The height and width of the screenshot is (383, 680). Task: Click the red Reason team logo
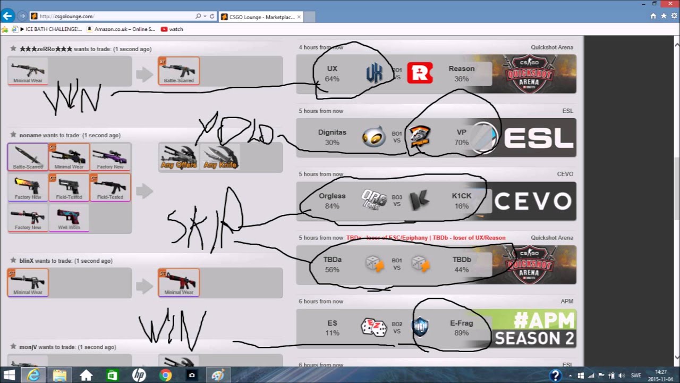coord(420,73)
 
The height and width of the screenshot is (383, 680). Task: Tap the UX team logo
coord(374,73)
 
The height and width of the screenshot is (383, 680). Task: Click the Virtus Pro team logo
coord(420,137)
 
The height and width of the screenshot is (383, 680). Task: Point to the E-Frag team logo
coord(420,328)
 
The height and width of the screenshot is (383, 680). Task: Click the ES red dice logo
coord(373,328)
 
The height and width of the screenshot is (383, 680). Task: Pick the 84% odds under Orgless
coord(332,206)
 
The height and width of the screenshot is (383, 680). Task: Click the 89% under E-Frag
coord(461,333)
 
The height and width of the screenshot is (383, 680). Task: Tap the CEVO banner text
coord(533,201)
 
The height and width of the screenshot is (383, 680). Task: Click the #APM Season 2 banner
coord(534,328)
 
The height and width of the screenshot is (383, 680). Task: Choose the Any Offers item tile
coord(179,157)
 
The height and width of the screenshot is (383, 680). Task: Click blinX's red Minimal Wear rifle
coord(179,282)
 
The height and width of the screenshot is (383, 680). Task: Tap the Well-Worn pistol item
coord(69,218)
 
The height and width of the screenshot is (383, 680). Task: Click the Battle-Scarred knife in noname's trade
coord(28,157)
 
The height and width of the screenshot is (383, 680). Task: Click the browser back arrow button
coord(8,16)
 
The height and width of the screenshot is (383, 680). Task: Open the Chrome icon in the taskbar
coord(165,376)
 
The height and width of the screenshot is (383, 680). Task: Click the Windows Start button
coord(9,376)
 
